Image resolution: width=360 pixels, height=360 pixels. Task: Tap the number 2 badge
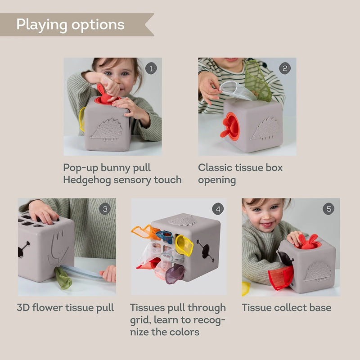285,68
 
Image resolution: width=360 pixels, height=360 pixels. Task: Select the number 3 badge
105,209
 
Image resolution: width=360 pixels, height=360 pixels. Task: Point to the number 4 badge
218,209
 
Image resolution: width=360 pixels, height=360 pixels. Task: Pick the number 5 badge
329,209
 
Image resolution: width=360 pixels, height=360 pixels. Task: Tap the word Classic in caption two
216,168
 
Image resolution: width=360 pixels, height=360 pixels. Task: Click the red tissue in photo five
280,276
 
